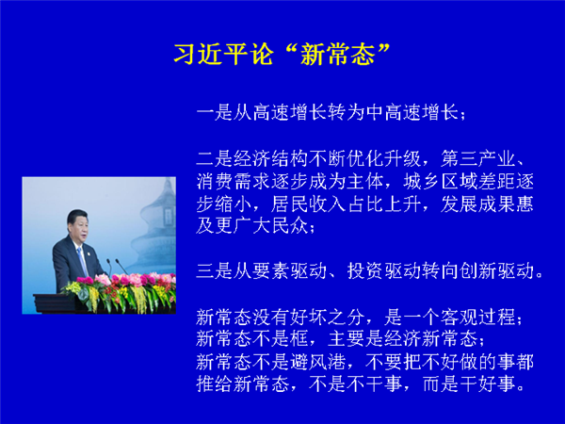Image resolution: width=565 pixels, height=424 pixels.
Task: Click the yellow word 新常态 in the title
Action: (338, 55)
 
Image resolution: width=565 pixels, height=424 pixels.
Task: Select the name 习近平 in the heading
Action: (211, 55)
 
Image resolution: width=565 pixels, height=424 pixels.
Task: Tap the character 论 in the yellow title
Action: (261, 55)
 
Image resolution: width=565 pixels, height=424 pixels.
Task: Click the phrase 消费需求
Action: (234, 181)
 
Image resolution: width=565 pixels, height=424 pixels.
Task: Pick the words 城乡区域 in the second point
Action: (440, 181)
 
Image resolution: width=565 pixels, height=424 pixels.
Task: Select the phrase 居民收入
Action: (309, 204)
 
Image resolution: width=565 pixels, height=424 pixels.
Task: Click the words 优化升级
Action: (384, 158)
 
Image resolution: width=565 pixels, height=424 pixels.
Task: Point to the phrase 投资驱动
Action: (384, 271)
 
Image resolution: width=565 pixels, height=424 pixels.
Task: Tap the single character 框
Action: (299, 339)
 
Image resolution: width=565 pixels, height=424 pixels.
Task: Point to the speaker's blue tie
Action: (82, 260)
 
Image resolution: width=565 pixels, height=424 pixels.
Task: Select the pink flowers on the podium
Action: (126, 280)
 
